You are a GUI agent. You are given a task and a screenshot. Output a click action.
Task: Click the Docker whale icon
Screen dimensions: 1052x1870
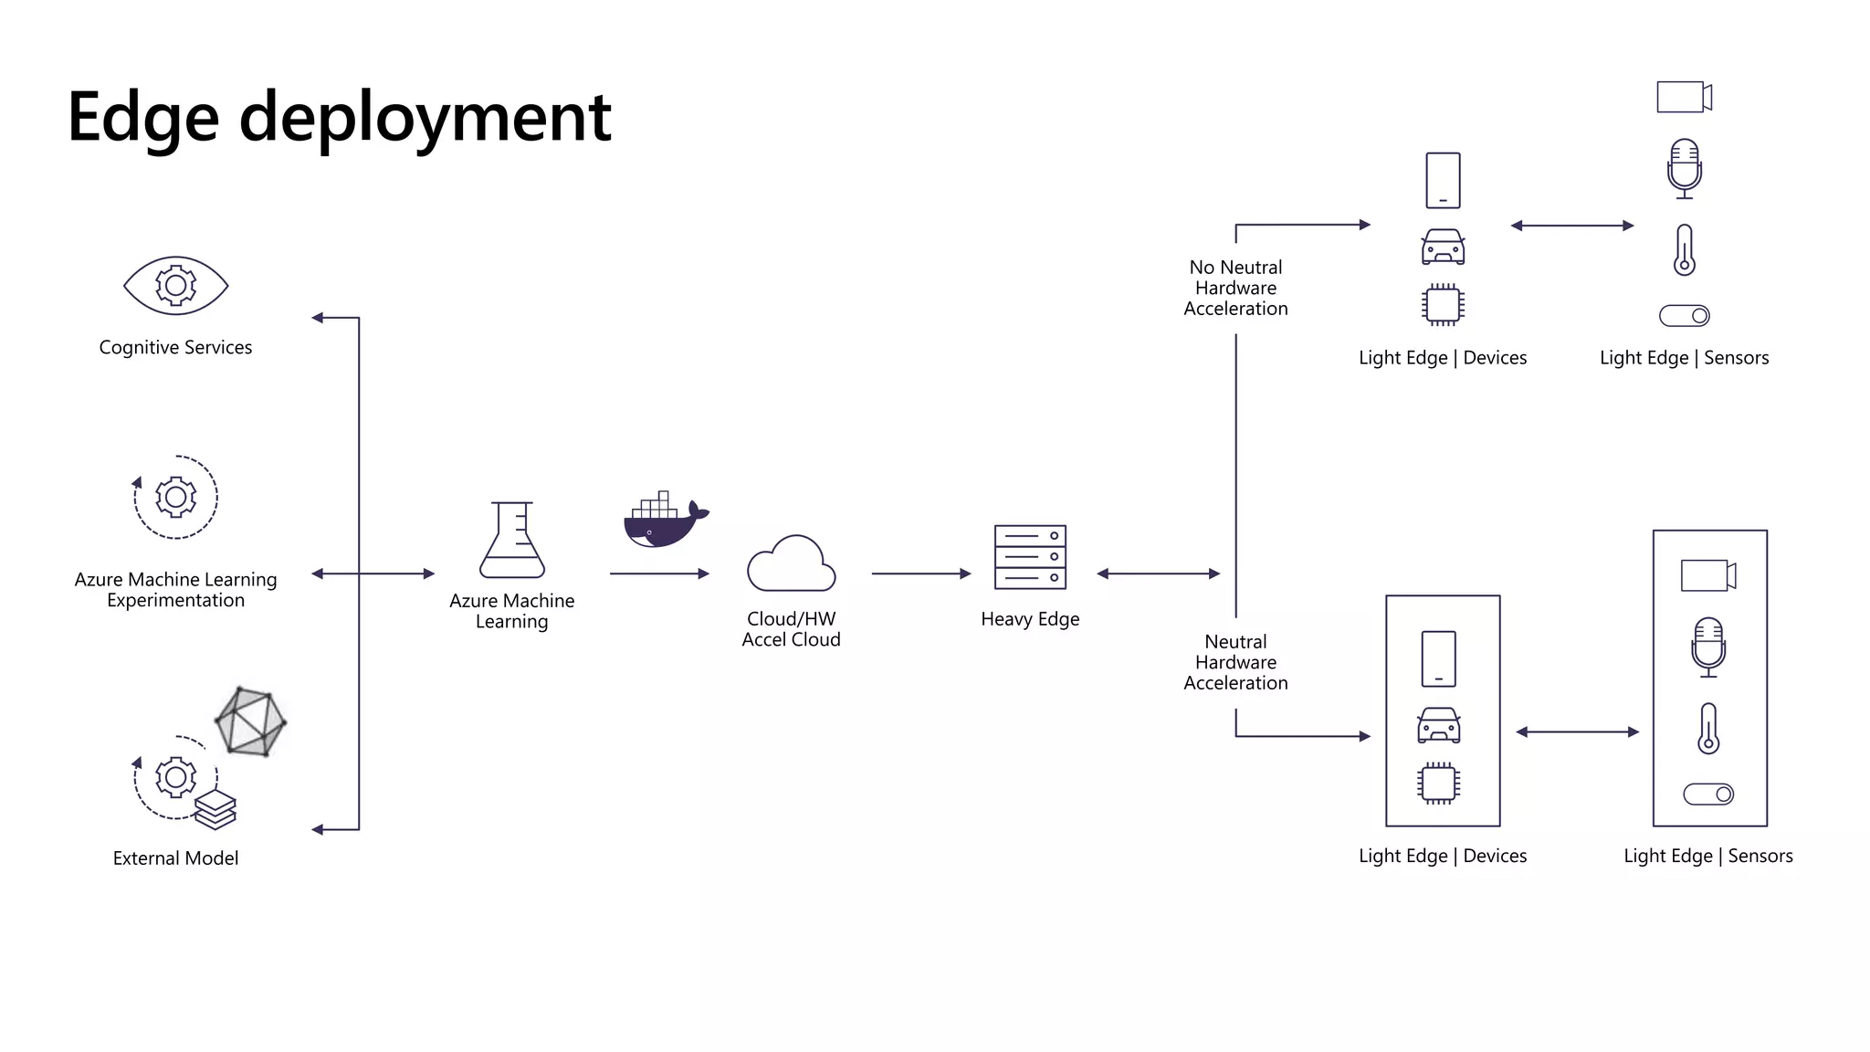coord(664,522)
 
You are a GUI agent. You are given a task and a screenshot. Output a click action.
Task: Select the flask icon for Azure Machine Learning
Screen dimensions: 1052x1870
coord(512,541)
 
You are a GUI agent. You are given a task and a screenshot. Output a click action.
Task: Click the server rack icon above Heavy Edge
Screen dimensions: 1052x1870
coord(1030,557)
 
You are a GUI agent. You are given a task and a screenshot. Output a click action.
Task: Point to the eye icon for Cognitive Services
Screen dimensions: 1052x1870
coord(175,286)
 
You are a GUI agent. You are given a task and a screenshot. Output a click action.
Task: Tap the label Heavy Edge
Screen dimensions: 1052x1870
coord(1030,619)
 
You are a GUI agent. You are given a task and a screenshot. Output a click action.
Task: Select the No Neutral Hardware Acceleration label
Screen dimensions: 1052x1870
coord(1235,288)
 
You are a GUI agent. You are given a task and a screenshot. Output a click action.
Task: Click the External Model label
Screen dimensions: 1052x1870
coord(175,858)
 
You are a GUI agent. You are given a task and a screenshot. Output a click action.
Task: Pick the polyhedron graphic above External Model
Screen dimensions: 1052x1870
coord(250,721)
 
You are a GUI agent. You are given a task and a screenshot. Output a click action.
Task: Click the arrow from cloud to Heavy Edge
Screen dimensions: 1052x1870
coord(920,573)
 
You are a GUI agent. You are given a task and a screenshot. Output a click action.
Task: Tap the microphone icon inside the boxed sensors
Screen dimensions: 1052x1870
coord(1708,647)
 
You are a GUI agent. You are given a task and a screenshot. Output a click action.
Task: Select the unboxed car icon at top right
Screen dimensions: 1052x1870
coord(1443,247)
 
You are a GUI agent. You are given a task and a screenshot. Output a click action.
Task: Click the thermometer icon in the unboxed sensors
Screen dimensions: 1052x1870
coord(1685,250)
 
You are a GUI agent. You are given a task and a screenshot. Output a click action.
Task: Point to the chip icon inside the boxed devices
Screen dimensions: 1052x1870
coord(1439,783)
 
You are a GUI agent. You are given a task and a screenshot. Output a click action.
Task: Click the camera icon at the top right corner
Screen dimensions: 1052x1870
coord(1684,97)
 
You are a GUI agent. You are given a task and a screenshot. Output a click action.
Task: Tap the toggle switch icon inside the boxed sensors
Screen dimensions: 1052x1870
coord(1708,794)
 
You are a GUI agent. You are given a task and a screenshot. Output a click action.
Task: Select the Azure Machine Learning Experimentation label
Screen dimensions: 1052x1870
coord(175,590)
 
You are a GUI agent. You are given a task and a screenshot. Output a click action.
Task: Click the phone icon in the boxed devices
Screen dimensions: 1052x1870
coord(1439,658)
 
